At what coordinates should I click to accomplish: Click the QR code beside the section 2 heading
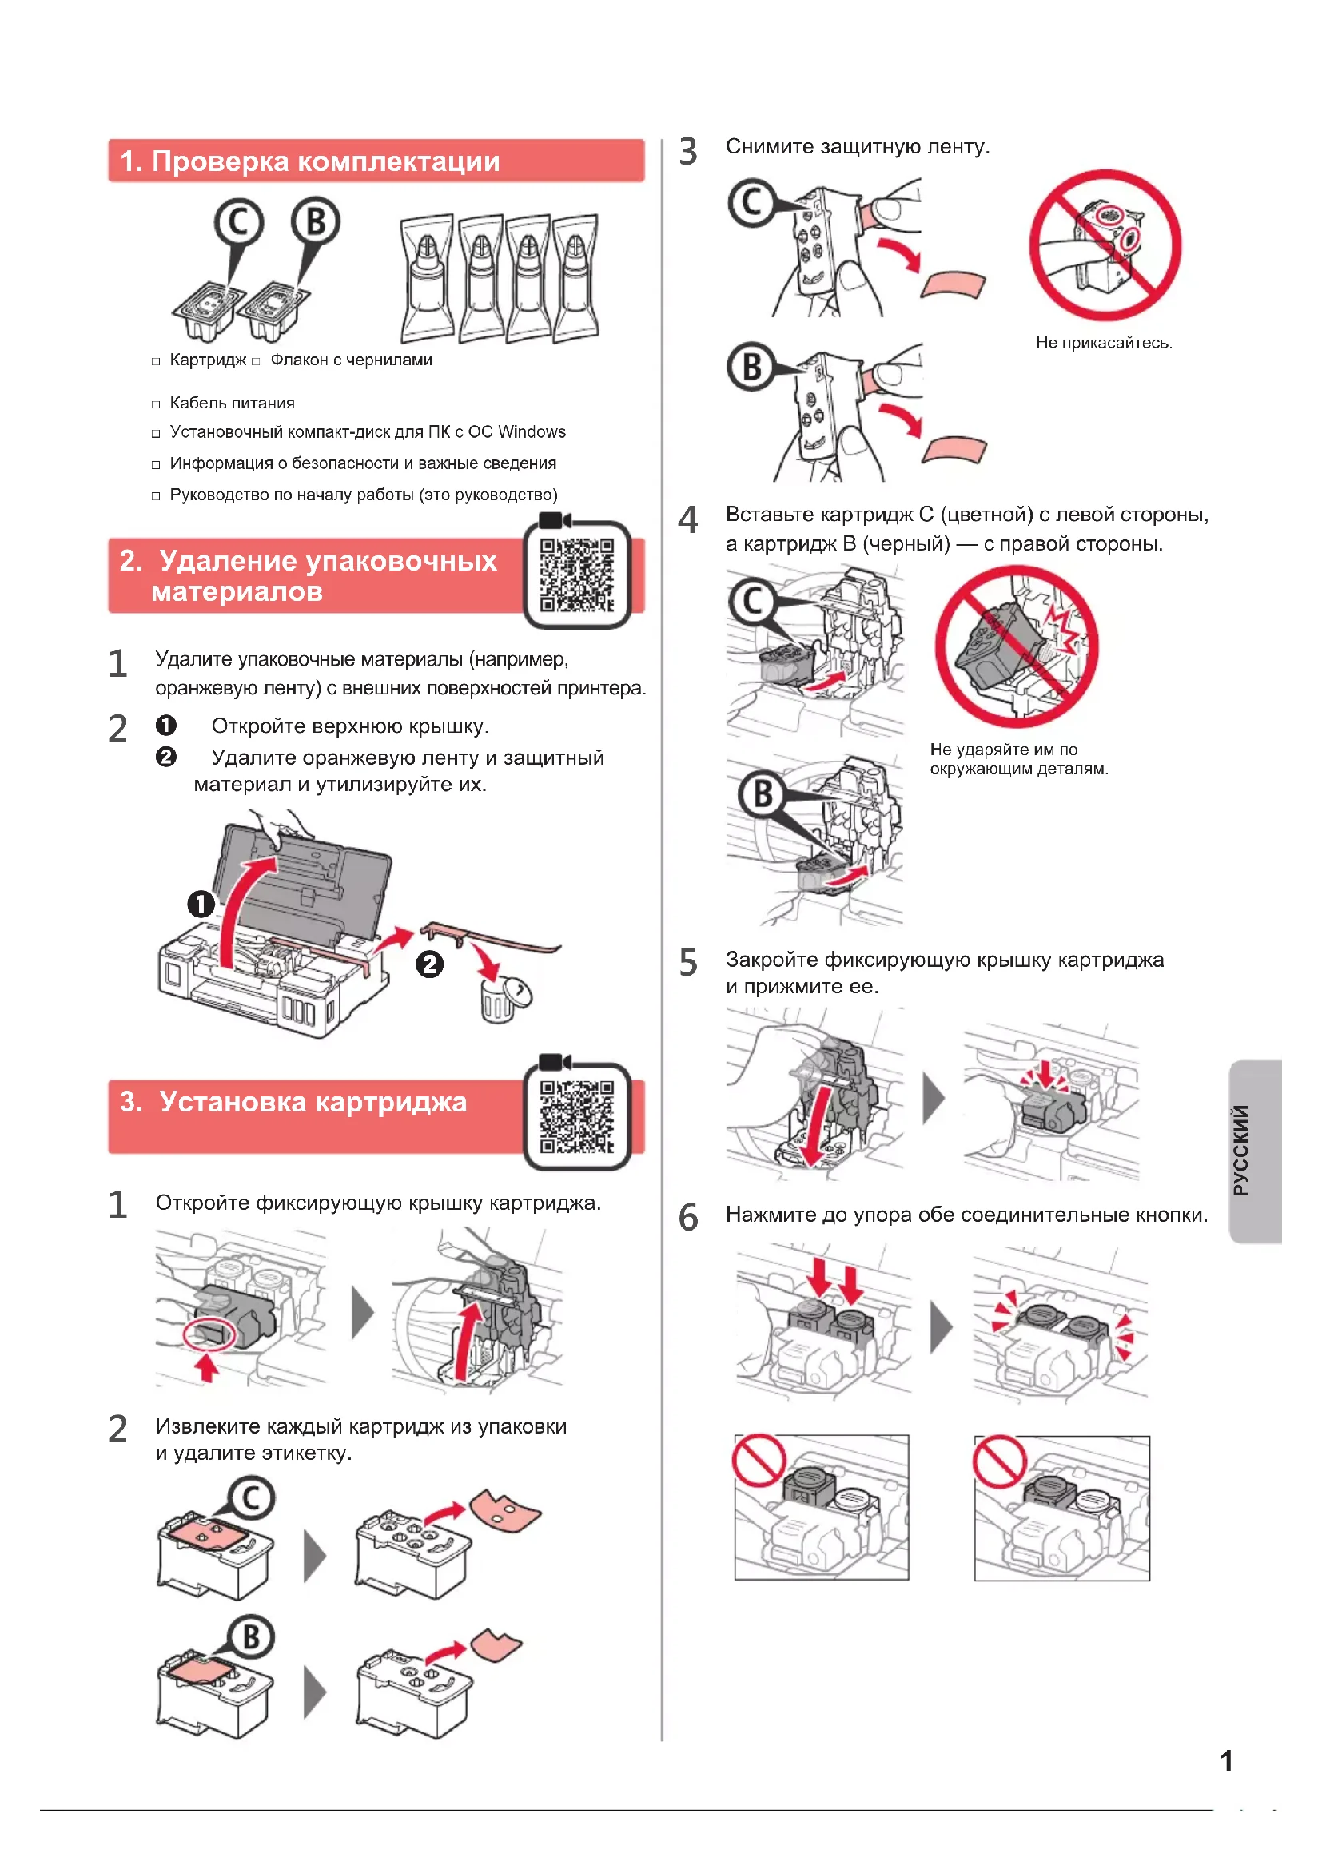(576, 575)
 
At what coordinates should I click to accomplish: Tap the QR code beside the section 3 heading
(576, 1116)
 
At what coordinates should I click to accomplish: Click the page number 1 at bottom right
(1226, 1761)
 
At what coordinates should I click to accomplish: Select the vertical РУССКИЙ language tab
(1240, 1149)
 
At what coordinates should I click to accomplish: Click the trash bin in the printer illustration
(498, 1000)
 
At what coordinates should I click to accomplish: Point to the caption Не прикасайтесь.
(1104, 343)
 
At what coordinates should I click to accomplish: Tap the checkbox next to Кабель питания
(156, 404)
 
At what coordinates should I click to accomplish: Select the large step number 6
(689, 1217)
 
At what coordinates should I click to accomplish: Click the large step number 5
(689, 962)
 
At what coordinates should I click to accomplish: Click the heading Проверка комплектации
(325, 161)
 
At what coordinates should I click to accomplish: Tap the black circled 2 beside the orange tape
(430, 964)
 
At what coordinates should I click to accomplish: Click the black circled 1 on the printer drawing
(201, 904)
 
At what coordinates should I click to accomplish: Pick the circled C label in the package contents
(238, 221)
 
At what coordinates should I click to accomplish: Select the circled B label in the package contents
(315, 221)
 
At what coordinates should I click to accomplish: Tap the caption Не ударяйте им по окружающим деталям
(1018, 758)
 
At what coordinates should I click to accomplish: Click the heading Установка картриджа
(313, 1101)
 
